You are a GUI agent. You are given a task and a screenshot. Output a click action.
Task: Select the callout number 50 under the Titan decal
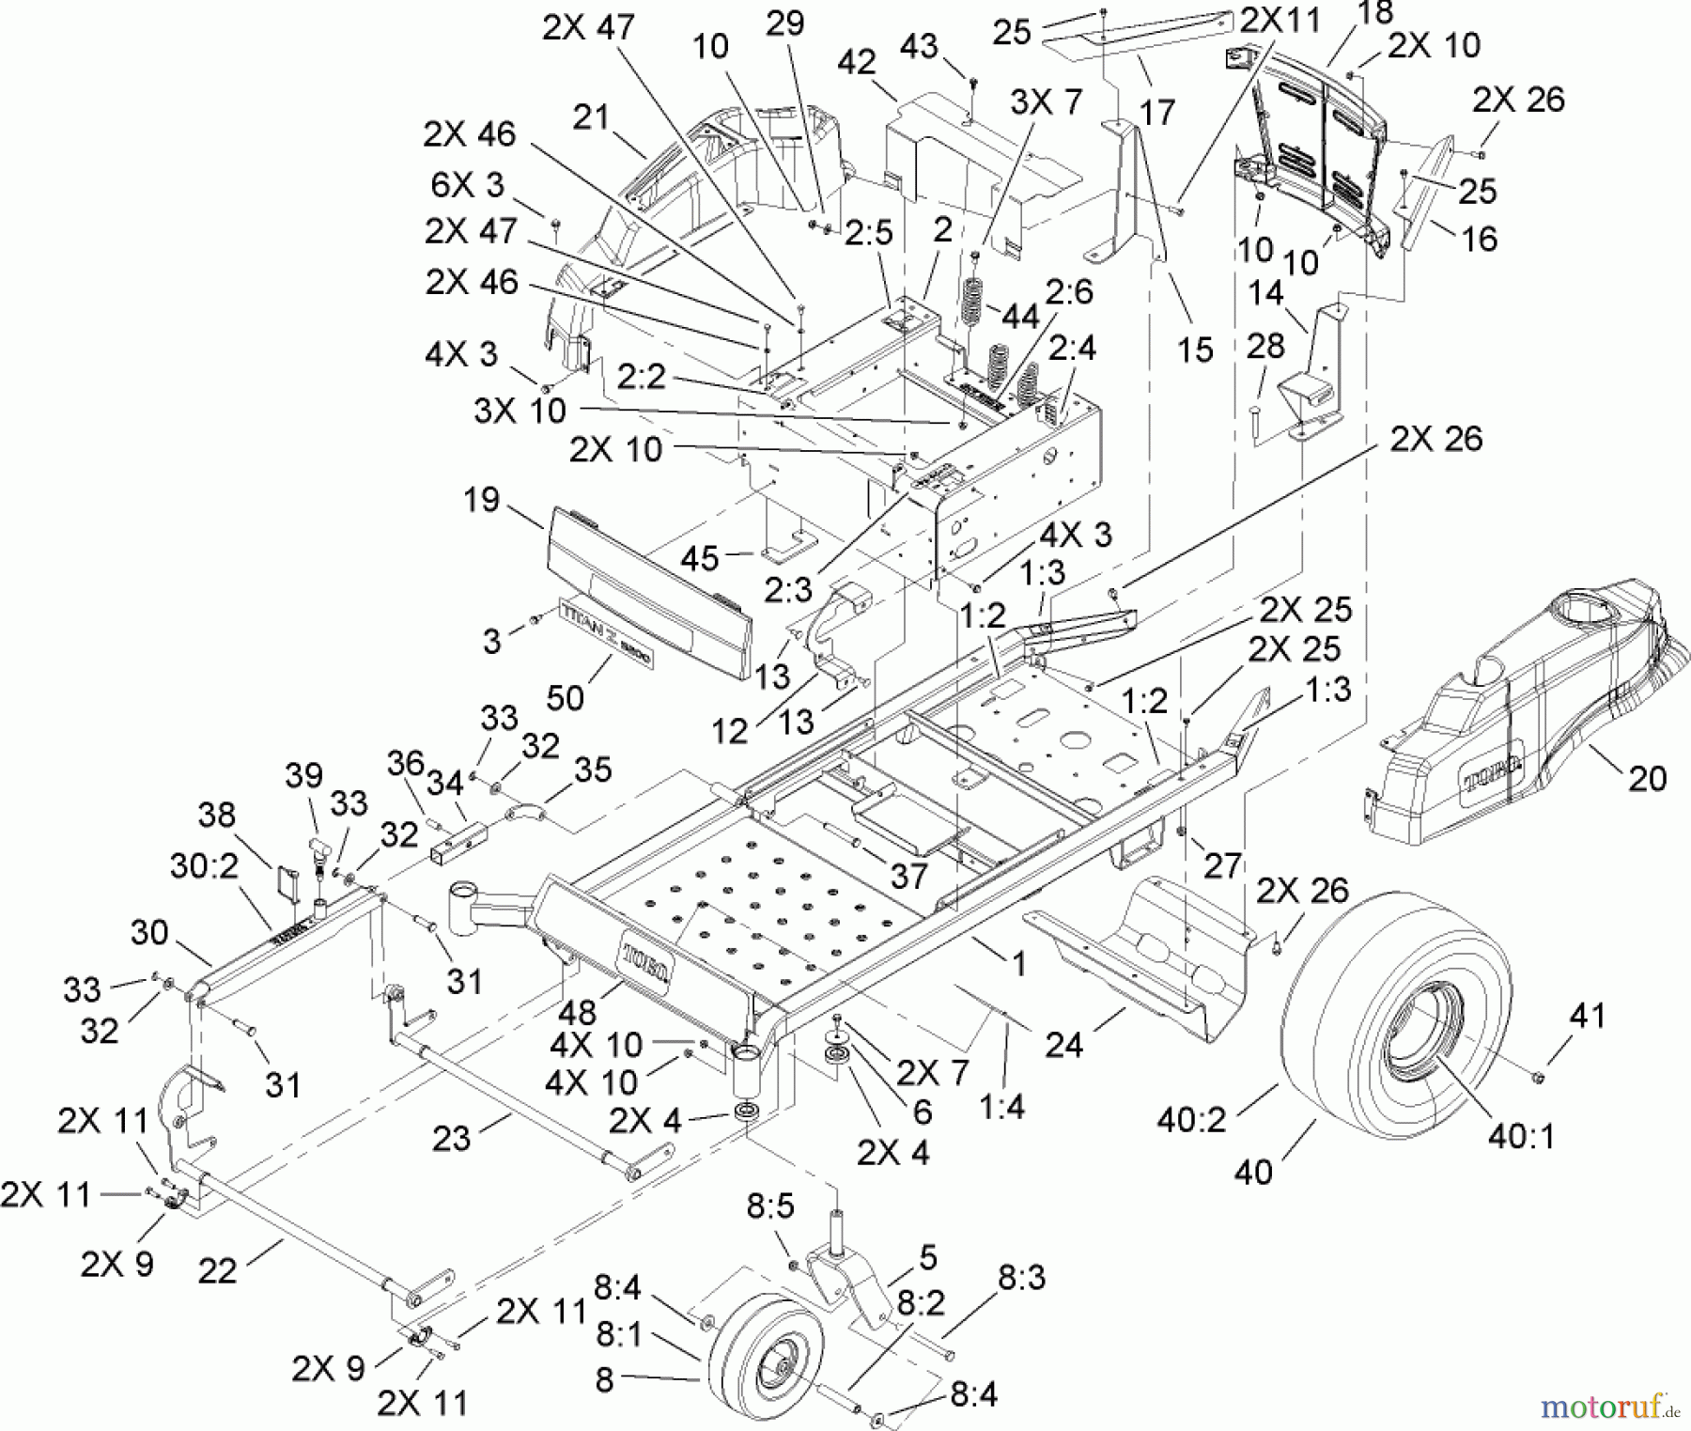pyautogui.click(x=565, y=696)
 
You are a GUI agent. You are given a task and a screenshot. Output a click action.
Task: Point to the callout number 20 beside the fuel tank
pyautogui.click(x=1646, y=778)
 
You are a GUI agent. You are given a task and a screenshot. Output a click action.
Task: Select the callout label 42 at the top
pyautogui.click(x=857, y=62)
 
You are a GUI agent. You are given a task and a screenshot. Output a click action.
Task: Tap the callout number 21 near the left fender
pyautogui.click(x=591, y=117)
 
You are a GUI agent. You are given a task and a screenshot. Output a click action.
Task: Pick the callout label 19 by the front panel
pyautogui.click(x=481, y=500)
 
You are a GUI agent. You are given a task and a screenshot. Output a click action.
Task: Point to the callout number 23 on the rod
pyautogui.click(x=451, y=1138)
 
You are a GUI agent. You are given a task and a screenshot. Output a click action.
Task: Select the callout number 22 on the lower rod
pyautogui.click(x=217, y=1271)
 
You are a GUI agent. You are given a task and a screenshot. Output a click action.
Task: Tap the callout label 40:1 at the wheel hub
pyautogui.click(x=1520, y=1137)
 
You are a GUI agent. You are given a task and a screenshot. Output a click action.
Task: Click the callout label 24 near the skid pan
pyautogui.click(x=1063, y=1043)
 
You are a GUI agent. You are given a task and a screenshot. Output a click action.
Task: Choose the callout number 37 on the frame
pyautogui.click(x=908, y=876)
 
